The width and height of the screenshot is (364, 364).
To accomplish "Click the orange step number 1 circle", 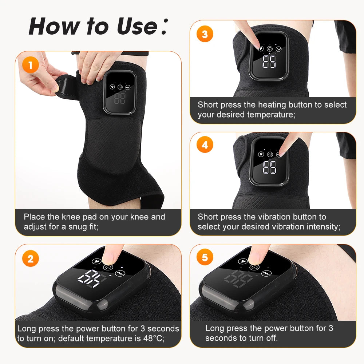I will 31,66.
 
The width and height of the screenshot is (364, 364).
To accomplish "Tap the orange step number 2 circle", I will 31,259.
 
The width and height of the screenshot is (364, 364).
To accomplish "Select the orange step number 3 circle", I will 205,34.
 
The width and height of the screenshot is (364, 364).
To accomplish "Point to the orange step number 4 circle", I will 205,145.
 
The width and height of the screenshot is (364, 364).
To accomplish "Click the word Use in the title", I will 136,26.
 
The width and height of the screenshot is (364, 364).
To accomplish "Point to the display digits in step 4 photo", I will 269,167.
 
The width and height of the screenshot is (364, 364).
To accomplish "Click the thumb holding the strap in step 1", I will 55,86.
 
